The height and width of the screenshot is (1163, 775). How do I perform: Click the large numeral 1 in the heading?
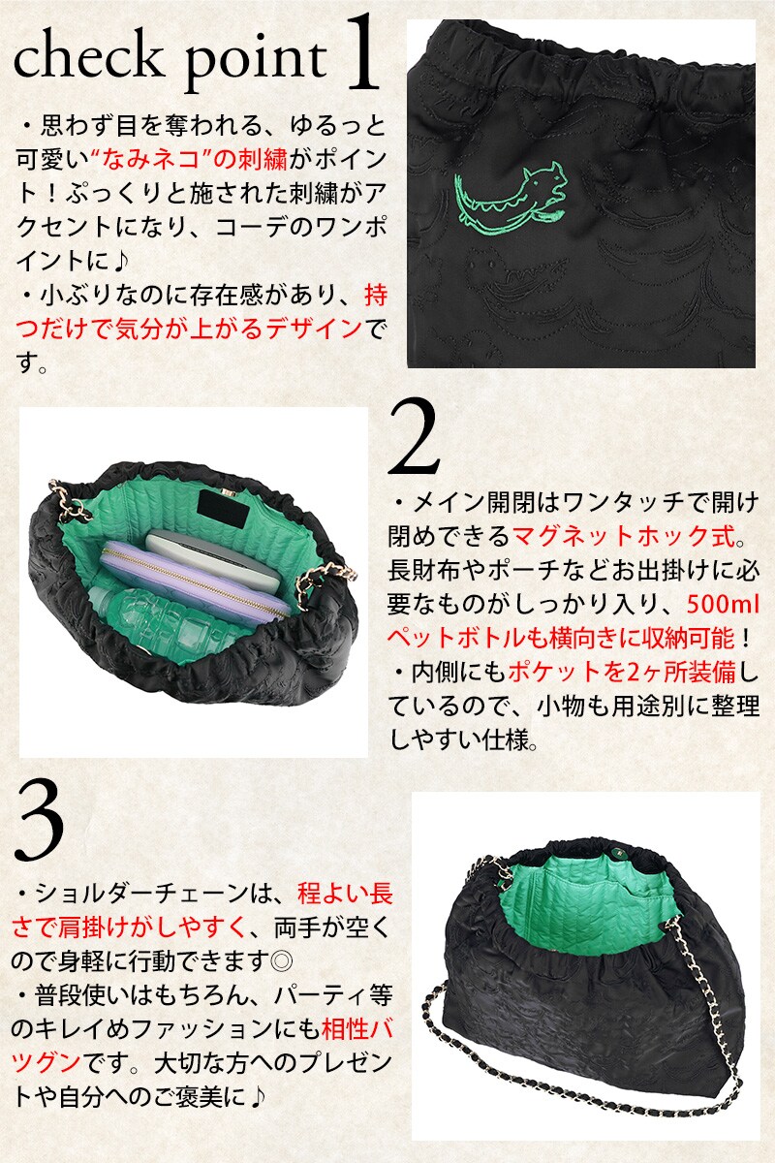360,53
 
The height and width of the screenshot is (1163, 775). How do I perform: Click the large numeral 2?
414,437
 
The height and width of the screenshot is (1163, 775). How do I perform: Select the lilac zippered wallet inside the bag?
197,577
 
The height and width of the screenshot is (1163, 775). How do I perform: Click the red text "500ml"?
723,605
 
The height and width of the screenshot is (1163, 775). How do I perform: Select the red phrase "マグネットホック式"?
623,536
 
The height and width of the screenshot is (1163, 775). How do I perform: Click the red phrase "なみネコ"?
150,159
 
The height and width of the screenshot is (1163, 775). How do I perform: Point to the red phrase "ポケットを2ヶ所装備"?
621,673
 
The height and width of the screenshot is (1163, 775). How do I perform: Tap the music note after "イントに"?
119,261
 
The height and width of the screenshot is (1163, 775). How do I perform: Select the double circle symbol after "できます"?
282,962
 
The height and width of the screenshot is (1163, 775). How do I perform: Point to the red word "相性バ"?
357,1029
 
